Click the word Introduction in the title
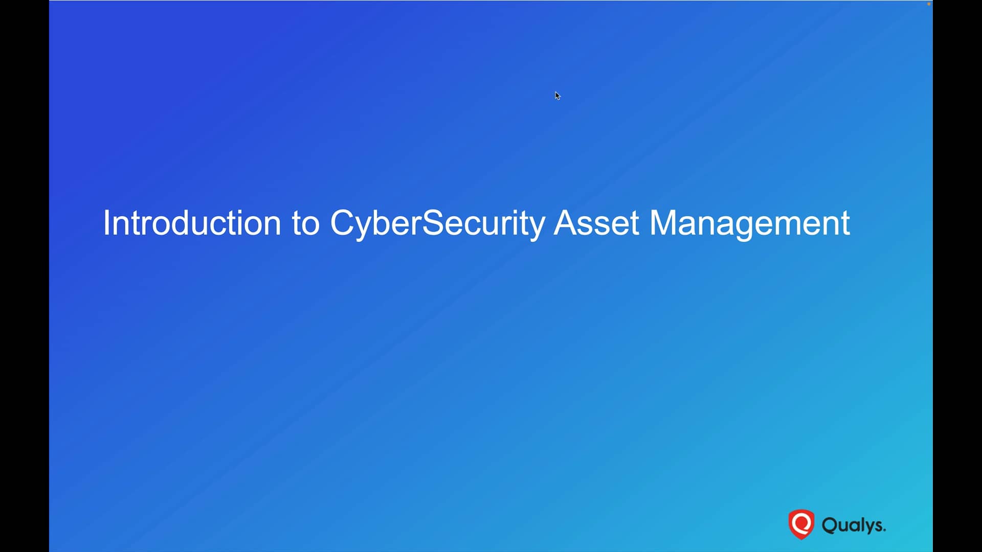[x=192, y=223]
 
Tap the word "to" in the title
[x=306, y=223]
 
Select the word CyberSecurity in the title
[x=437, y=223]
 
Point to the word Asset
[x=596, y=223]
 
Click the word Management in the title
[x=750, y=223]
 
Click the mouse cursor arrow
[x=557, y=96]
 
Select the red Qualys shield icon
[x=801, y=524]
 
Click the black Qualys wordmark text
[x=853, y=525]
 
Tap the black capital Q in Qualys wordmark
[x=830, y=525]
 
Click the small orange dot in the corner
[x=929, y=4]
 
